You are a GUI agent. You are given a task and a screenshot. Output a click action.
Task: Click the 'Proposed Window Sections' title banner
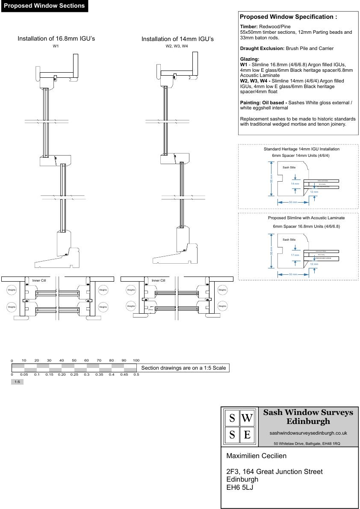44,6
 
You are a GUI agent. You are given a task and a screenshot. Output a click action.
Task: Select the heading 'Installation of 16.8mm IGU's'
56,39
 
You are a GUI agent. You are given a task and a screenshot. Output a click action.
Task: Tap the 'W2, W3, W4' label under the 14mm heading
177,46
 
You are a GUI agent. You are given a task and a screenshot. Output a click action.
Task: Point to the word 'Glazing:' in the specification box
250,59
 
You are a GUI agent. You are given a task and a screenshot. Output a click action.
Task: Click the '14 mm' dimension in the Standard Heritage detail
295,184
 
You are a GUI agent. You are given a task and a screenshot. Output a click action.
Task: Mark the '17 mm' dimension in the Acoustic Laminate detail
295,255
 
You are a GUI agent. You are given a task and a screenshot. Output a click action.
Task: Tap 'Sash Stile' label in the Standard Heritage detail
289,168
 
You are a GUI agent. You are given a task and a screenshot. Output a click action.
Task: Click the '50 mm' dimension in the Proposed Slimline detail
293,274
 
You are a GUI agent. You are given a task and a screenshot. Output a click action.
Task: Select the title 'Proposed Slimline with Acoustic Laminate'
306,218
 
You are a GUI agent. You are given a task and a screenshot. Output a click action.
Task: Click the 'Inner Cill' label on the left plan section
39,280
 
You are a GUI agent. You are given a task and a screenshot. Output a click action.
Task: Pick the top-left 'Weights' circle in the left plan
12,290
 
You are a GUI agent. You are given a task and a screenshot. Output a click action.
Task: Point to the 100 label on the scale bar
136,360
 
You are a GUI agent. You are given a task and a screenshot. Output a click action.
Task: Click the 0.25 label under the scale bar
74,375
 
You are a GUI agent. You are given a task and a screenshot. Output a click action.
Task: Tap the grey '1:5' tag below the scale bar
17,382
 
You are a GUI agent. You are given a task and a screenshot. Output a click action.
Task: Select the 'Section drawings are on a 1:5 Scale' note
183,368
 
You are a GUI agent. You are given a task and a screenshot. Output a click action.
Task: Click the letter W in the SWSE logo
247,418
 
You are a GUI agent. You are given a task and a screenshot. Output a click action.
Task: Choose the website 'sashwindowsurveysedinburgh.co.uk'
308,433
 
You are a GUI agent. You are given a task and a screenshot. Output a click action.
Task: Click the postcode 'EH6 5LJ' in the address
240,487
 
